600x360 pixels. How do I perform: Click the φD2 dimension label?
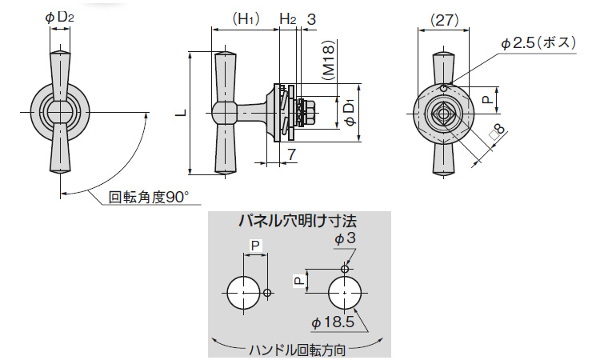(62, 16)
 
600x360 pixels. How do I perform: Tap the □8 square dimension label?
(495, 136)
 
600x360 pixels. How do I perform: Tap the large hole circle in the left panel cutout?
(242, 294)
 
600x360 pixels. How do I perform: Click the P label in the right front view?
(487, 100)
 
